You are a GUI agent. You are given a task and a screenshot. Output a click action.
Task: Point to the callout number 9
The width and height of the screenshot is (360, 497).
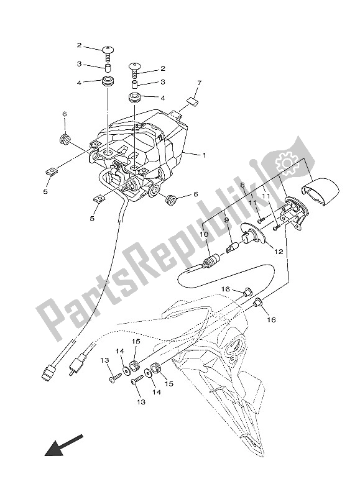point(226,221)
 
